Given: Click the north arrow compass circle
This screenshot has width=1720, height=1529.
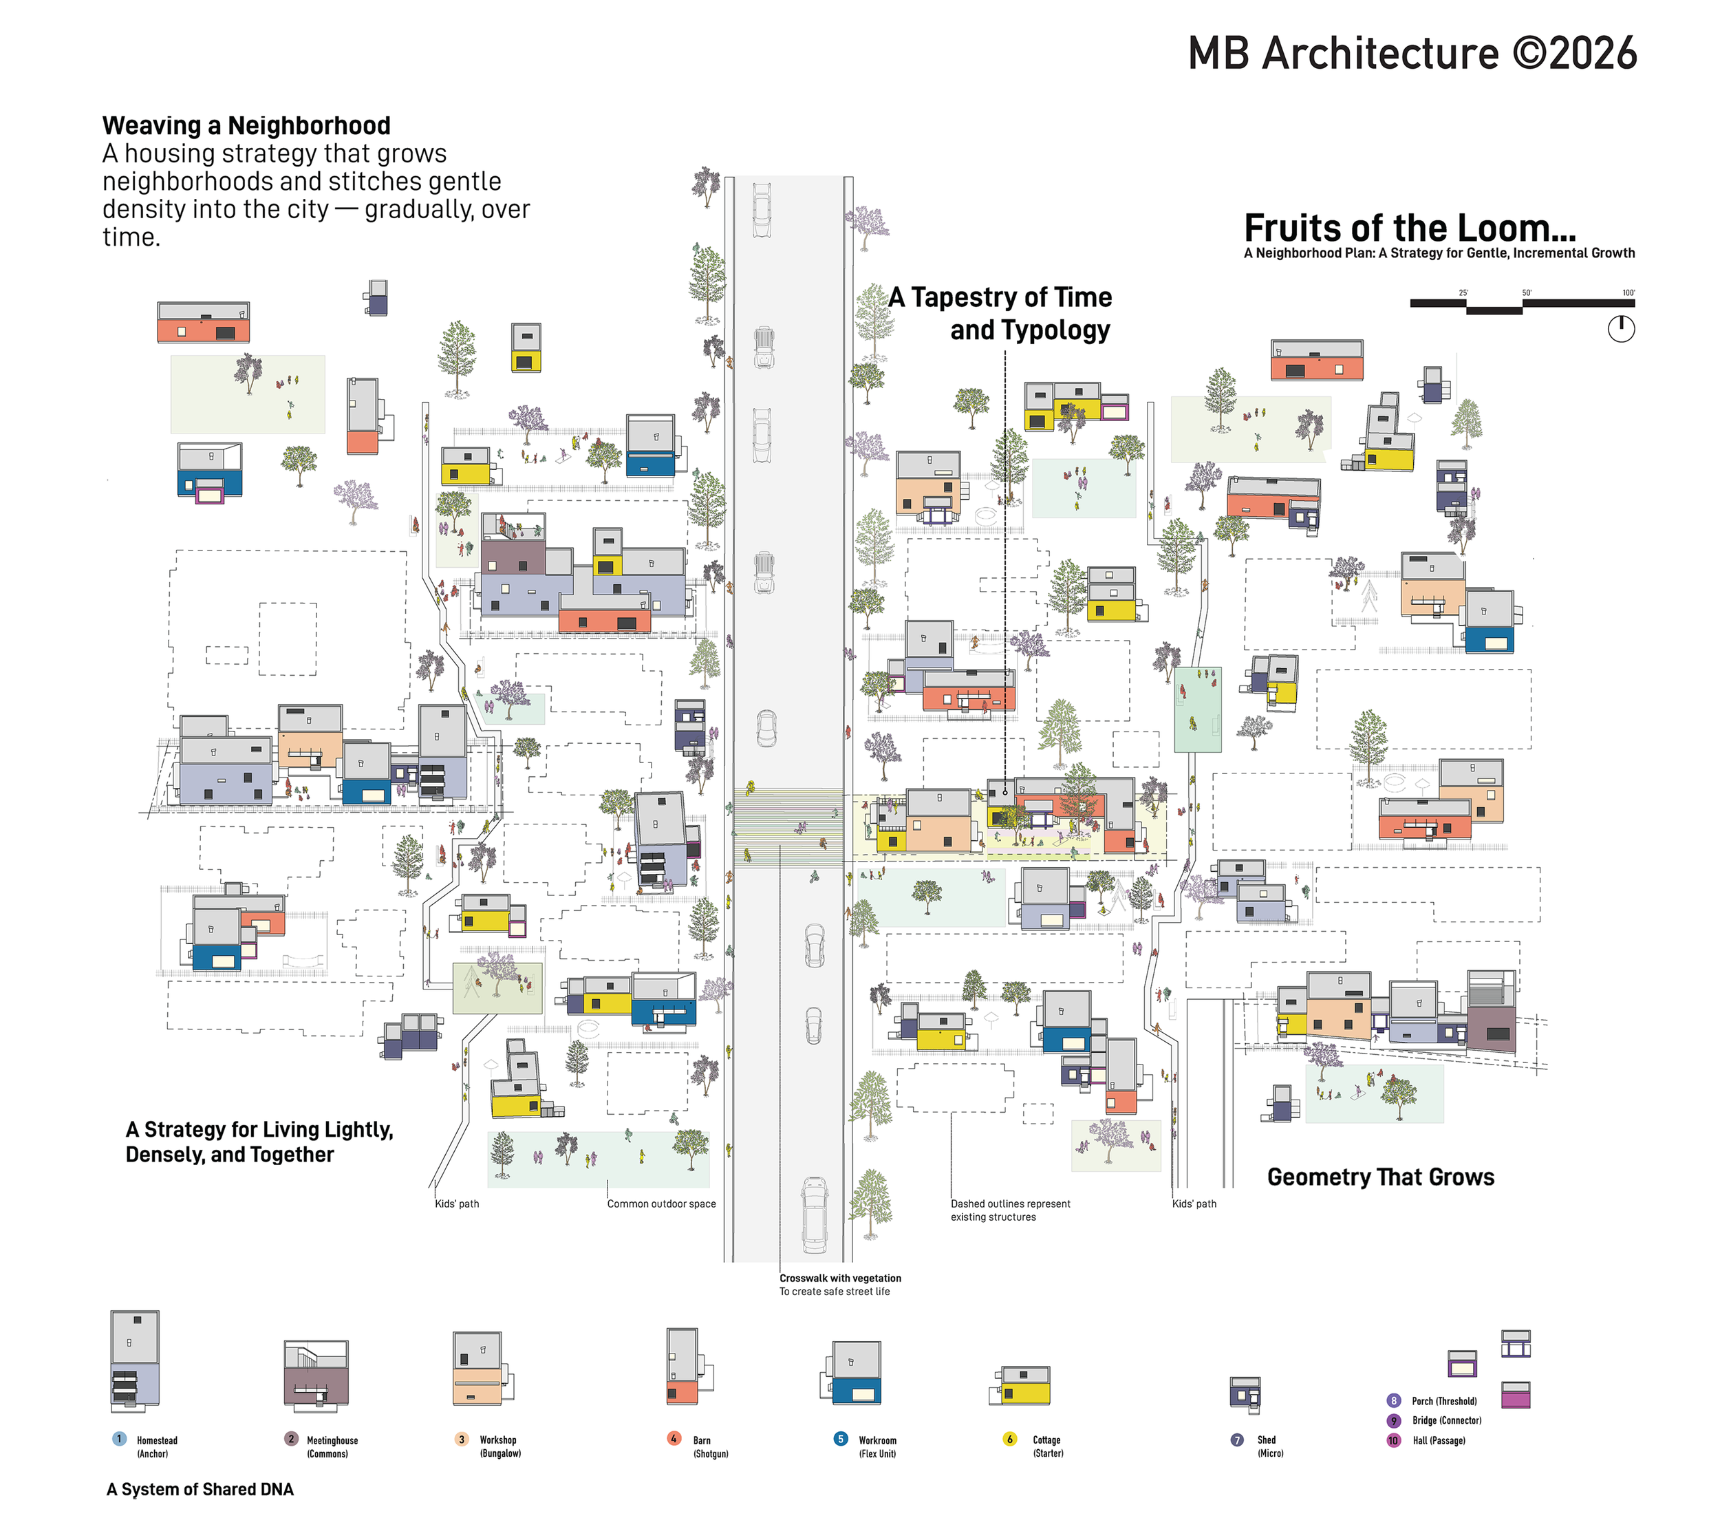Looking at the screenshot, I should pos(1621,329).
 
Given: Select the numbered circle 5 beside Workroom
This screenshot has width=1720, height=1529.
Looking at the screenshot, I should pos(841,1439).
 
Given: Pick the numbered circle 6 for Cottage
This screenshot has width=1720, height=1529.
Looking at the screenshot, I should pos(1010,1439).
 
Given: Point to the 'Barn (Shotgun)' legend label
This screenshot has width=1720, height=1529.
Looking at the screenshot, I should pos(710,1446).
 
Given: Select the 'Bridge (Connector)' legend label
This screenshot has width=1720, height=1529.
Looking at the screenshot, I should pos(1446,1420).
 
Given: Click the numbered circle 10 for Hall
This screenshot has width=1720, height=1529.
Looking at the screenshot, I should pos(1393,1441).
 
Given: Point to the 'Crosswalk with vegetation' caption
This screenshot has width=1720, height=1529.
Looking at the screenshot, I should pos(840,1279).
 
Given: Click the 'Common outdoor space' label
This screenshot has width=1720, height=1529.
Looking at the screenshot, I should pos(661,1204).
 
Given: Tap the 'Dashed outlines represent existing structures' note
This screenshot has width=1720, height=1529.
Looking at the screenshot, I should pos(1010,1210).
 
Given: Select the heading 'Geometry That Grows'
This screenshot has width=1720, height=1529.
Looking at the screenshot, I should pos(1380,1177).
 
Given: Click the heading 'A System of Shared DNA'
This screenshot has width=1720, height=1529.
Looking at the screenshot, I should pos(200,1490).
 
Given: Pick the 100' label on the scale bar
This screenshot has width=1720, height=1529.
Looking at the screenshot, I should pos(1628,293).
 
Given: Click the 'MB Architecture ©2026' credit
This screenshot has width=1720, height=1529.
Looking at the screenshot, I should pos(1412,54).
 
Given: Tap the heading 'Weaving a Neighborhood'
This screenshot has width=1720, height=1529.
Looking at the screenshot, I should pos(246,126).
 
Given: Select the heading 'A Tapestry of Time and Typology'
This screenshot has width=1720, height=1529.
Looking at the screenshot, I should pos(1001,313).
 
